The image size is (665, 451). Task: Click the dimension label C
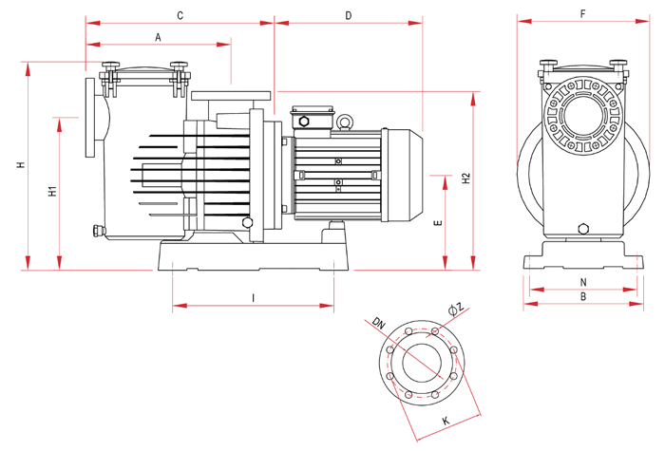(180, 15)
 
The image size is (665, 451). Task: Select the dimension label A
(158, 35)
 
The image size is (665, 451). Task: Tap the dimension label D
(348, 15)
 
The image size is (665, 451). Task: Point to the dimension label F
(581, 14)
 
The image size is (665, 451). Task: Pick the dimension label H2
(465, 179)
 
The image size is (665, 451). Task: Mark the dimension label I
(253, 298)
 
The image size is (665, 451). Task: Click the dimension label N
(583, 281)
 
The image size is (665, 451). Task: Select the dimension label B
(583, 297)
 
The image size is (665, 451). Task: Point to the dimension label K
(445, 420)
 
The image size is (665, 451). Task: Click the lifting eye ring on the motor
(346, 121)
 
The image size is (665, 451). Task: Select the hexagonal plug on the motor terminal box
(304, 122)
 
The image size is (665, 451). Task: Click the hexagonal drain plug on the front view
(583, 228)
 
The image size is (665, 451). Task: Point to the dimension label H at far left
(19, 166)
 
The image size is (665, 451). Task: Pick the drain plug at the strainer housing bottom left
(96, 230)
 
